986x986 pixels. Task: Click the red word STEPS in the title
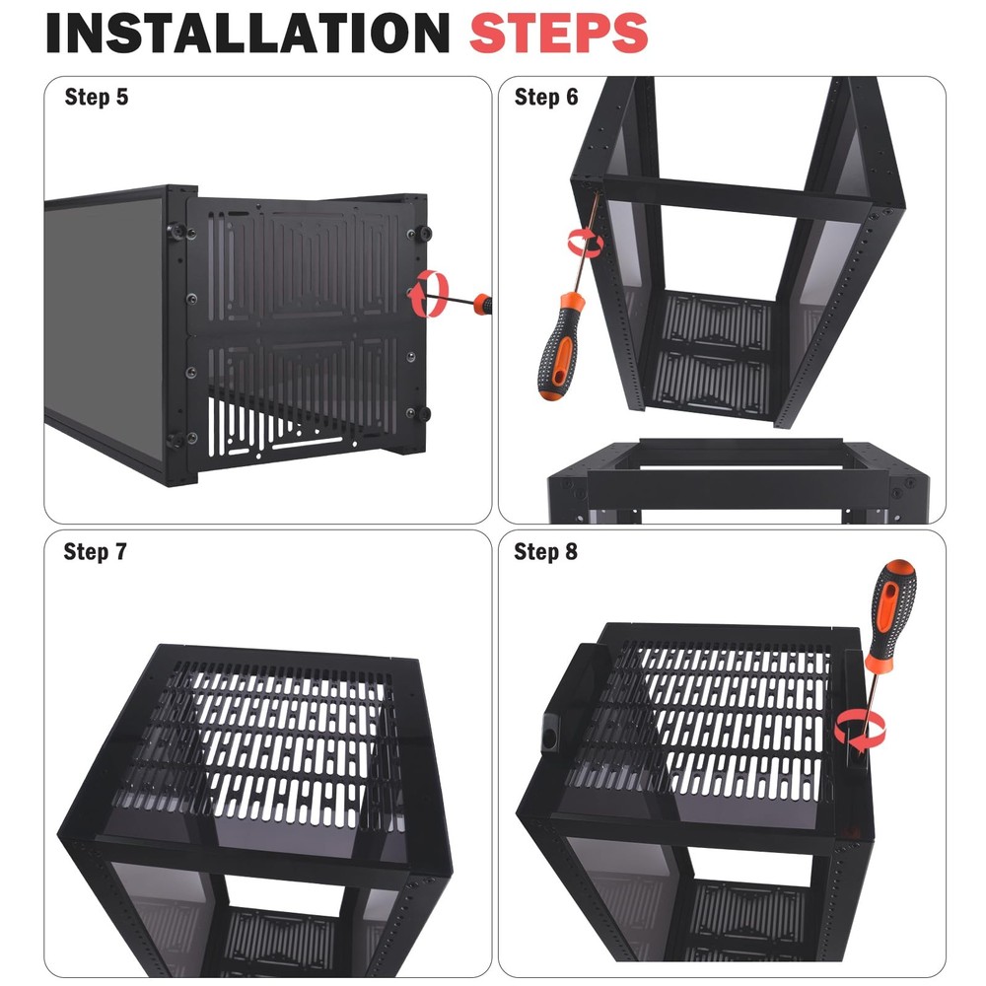(558, 33)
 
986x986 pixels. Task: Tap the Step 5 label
(96, 97)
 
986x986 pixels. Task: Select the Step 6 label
(546, 97)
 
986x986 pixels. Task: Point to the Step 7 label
(95, 551)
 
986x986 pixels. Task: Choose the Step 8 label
(545, 551)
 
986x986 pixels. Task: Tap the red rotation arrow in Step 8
(860, 731)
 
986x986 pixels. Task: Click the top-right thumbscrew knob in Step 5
(425, 233)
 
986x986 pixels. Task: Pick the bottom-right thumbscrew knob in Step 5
(425, 413)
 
